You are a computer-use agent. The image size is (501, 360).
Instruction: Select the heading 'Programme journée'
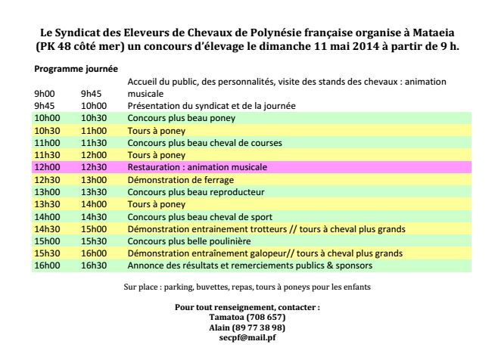75,69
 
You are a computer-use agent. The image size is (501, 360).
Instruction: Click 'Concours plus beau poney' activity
181,119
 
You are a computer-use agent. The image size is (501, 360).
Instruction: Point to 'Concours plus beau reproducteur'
194,192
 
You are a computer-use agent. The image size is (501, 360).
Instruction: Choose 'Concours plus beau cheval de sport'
198,216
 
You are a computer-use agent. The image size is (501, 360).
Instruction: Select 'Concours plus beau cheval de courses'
205,143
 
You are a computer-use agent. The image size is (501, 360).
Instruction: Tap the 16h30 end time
92,265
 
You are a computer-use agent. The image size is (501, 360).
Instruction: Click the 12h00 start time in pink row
48,166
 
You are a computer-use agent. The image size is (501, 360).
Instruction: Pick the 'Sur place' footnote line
246,287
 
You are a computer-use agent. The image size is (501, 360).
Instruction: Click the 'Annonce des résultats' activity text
250,265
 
